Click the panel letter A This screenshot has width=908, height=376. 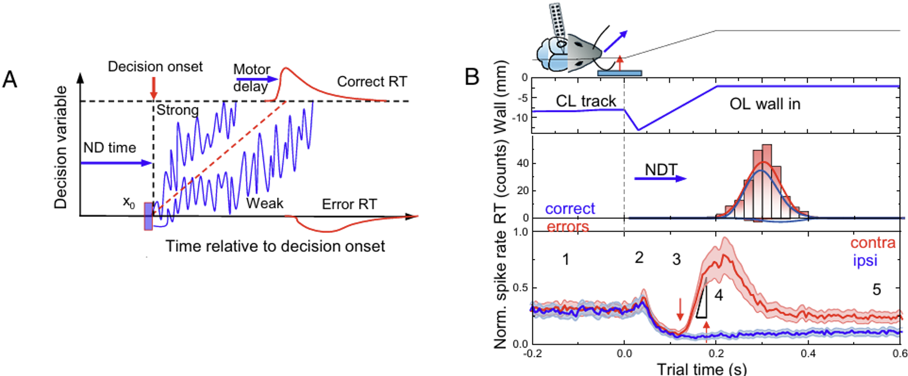[10, 80]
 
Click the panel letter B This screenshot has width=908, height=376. [472, 77]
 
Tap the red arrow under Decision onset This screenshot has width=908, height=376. [153, 88]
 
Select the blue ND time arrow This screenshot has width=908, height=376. [116, 163]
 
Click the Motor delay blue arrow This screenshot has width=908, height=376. [256, 79]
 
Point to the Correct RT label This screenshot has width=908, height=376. [372, 81]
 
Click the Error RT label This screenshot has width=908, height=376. [349, 204]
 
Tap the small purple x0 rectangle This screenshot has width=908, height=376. [148, 216]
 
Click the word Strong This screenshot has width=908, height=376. [177, 110]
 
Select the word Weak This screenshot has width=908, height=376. [265, 203]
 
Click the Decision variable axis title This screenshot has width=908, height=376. [60, 148]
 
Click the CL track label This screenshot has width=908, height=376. [586, 101]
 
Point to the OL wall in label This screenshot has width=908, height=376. [765, 104]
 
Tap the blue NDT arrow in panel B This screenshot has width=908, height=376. [661, 179]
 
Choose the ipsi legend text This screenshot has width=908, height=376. [865, 261]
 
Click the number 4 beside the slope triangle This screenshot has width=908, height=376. [719, 295]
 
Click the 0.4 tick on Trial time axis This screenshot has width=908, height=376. [808, 353]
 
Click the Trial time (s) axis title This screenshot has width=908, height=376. [701, 368]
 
